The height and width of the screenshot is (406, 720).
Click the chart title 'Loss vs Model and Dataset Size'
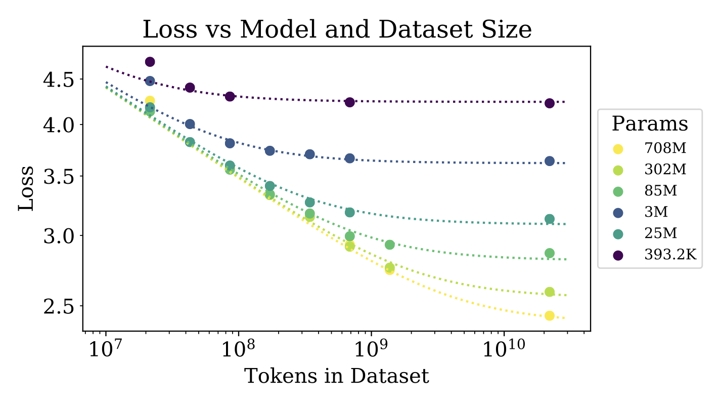[337, 29]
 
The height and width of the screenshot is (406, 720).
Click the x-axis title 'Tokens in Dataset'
[336, 376]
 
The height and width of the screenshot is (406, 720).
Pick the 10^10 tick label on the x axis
[504, 349]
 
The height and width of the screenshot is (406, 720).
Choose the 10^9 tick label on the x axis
[372, 349]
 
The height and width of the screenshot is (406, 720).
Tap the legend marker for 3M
[618, 213]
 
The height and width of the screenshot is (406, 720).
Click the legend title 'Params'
[650, 124]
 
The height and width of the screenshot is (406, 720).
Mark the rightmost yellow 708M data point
[550, 315]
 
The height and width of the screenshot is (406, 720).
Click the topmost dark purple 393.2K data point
[150, 62]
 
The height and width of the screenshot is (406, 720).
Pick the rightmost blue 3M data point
[550, 161]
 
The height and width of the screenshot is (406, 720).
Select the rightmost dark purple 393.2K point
[550, 103]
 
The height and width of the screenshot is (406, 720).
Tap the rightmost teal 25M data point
[550, 219]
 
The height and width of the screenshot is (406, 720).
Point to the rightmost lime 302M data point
[550, 292]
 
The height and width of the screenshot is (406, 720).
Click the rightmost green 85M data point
[550, 253]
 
